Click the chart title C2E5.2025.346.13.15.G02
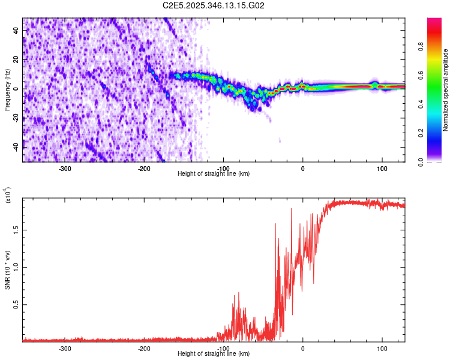coord(214,5)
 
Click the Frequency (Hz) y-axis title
coord(7,90)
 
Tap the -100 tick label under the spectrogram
coord(223,168)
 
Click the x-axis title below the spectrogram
coord(214,174)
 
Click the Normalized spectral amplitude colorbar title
coord(446,90)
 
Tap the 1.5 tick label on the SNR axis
coord(14,229)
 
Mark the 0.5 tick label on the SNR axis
coord(14,305)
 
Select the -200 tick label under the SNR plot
coord(144,348)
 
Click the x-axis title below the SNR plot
coord(214,354)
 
